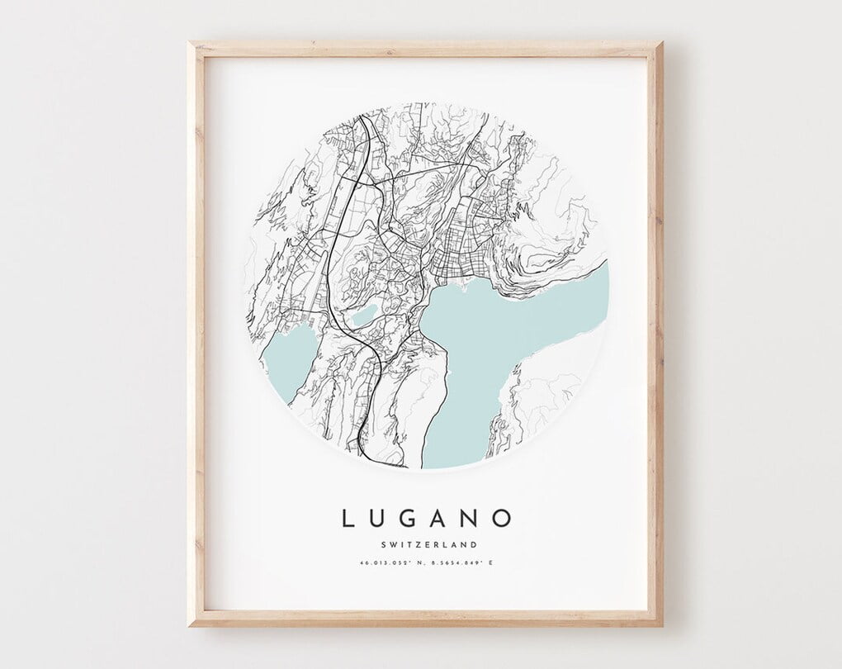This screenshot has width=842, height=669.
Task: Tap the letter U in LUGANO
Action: coord(381,519)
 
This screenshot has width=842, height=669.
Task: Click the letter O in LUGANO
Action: coord(502,519)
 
